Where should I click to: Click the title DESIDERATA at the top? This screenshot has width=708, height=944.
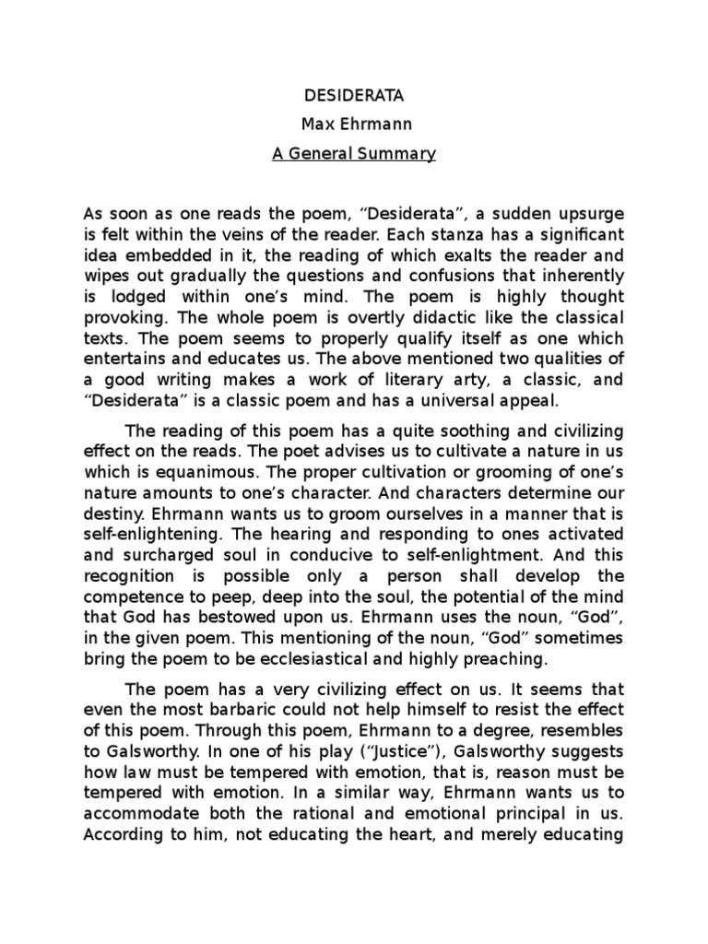pyautogui.click(x=353, y=95)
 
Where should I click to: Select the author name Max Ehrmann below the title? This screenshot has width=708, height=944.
pyautogui.click(x=353, y=124)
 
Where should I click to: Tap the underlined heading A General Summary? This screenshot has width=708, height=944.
pyautogui.click(x=353, y=154)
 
